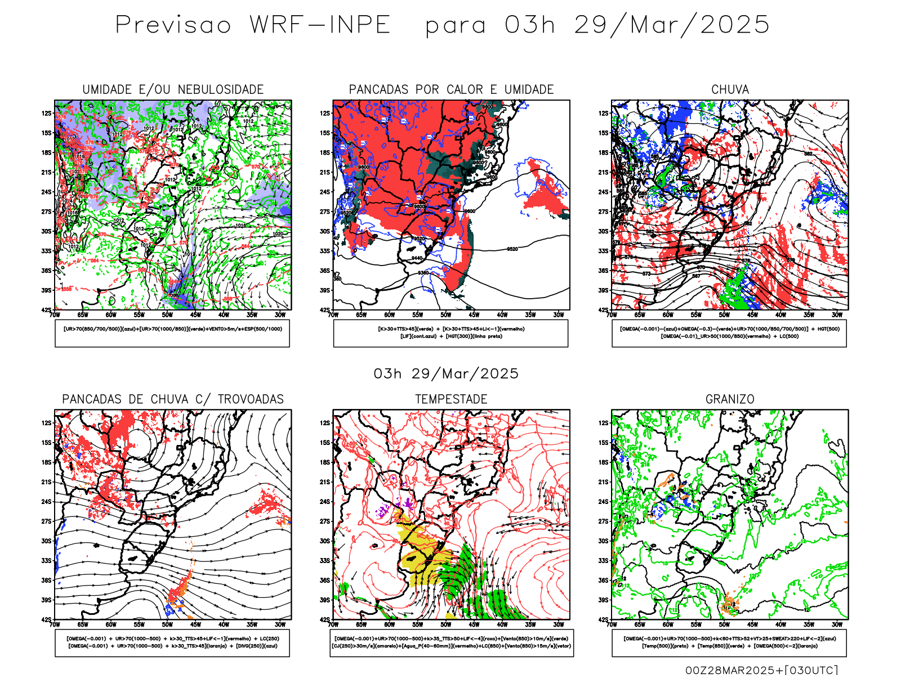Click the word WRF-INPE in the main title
[320, 25]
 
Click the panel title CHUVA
[730, 89]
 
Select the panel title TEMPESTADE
[451, 399]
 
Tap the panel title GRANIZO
[730, 399]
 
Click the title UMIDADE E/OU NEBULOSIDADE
[173, 89]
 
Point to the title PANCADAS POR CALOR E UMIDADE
[451, 89]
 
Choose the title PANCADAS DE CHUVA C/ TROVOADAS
[173, 399]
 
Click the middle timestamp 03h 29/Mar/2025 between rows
[446, 373]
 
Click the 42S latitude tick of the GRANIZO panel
[603, 620]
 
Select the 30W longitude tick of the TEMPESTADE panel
[558, 624]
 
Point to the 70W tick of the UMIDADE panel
[55, 315]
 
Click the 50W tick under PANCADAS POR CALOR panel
[445, 315]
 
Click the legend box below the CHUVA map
[729, 333]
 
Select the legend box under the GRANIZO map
[729, 642]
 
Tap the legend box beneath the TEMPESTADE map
[451, 642]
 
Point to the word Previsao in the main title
[173, 25]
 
